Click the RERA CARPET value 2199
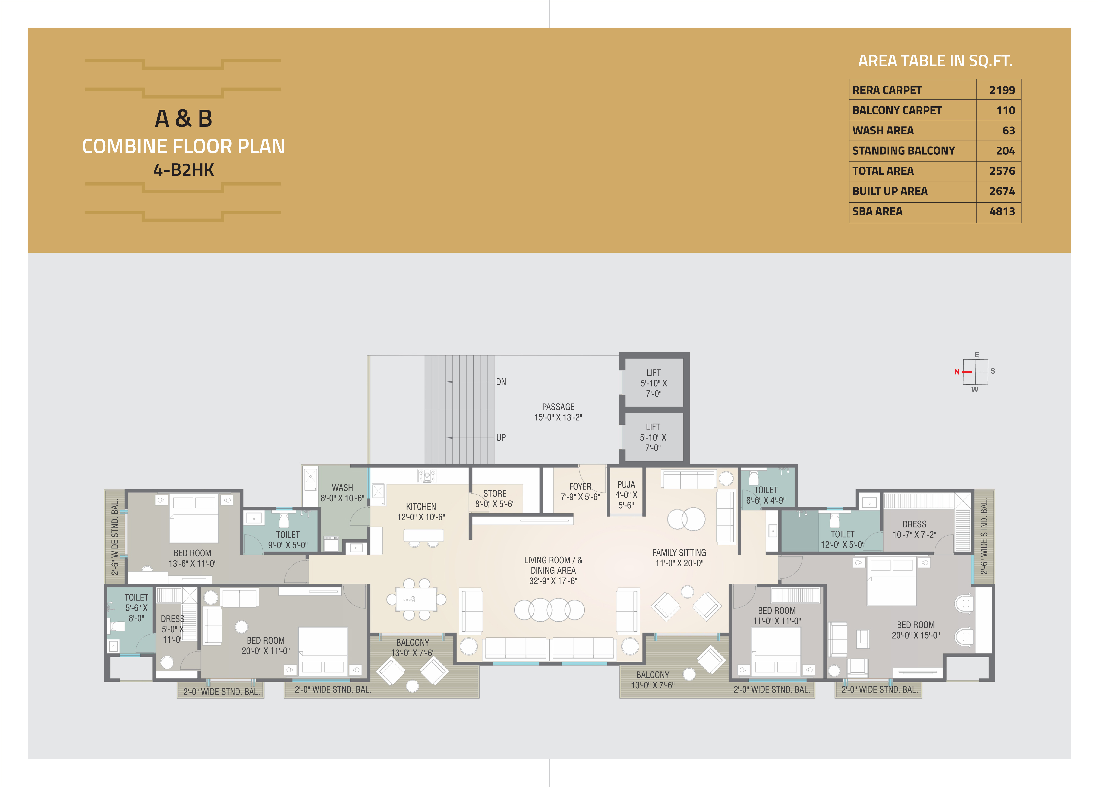1002,90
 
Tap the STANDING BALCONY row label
903,151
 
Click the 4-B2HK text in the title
184,170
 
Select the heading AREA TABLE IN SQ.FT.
935,61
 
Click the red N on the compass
957,372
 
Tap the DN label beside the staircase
501,382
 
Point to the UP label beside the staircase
501,438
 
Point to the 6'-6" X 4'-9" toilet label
766,501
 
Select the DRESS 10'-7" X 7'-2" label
914,529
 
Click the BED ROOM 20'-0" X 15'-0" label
916,630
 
